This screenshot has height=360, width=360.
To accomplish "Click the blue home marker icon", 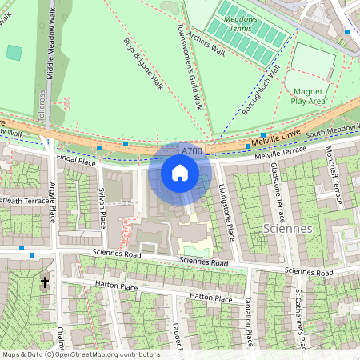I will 180,173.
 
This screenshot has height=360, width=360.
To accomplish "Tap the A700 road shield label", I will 192,150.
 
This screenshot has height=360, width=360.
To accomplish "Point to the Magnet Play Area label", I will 308,97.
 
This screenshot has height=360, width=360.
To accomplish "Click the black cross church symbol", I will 45,282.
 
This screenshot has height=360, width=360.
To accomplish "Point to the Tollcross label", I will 40,105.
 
